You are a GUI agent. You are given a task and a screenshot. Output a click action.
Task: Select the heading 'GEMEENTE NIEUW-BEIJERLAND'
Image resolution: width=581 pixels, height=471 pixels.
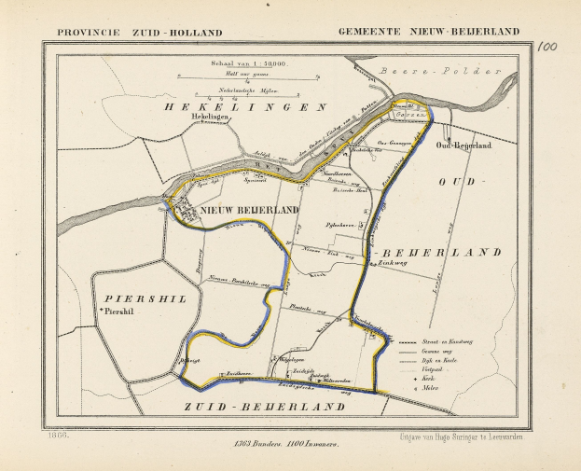click(428, 32)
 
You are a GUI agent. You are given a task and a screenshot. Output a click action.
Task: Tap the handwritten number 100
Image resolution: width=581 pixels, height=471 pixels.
click(547, 46)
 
